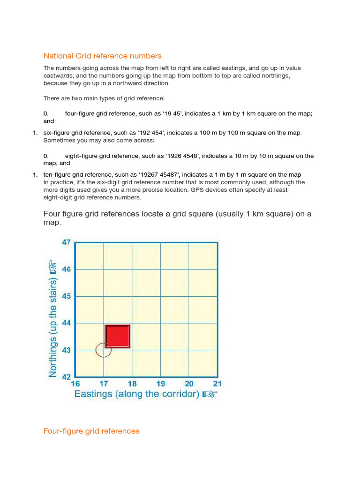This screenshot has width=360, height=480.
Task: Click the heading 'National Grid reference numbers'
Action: point(102,56)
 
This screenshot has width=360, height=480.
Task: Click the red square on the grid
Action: point(117,336)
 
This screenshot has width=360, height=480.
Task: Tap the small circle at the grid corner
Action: point(103,350)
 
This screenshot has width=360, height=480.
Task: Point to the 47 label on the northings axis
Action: point(66,242)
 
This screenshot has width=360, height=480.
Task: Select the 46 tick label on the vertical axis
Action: point(66,270)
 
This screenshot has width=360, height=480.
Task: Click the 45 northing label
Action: point(66,296)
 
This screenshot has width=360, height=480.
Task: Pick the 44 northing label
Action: point(66,323)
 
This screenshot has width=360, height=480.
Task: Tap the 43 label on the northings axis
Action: point(66,350)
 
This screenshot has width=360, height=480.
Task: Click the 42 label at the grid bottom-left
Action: point(66,376)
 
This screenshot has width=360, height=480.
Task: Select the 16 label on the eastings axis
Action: point(75,383)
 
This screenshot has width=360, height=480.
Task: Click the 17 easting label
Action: point(104,383)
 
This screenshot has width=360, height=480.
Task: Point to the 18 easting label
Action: point(132,383)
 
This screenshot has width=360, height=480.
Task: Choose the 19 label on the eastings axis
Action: point(161,383)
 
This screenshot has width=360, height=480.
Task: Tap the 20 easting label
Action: point(189,383)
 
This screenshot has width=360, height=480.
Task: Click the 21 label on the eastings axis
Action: point(217,383)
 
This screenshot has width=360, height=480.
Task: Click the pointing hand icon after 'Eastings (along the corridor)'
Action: point(210,394)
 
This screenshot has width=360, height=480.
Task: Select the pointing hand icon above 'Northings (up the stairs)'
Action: point(53,268)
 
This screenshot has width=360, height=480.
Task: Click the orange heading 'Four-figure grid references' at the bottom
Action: point(91,431)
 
